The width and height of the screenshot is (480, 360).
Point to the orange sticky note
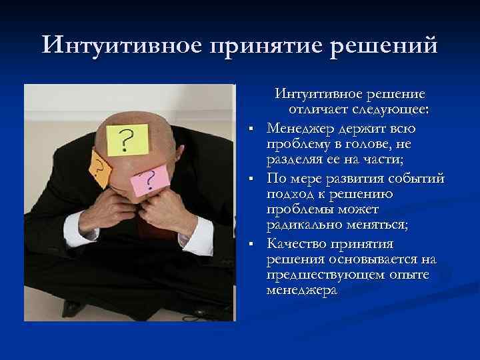(98, 168)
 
